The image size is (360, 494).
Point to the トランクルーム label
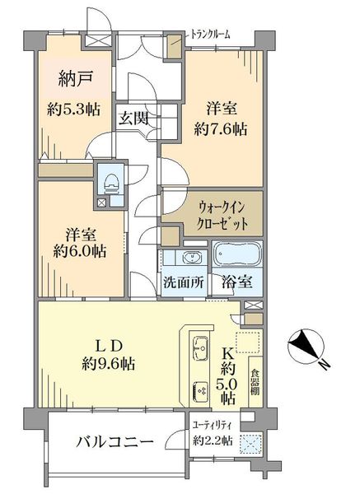tap(210, 34)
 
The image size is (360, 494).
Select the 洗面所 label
tap(183, 282)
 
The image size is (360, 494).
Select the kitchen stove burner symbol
tap(199, 389)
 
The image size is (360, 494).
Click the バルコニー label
tap(115, 443)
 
